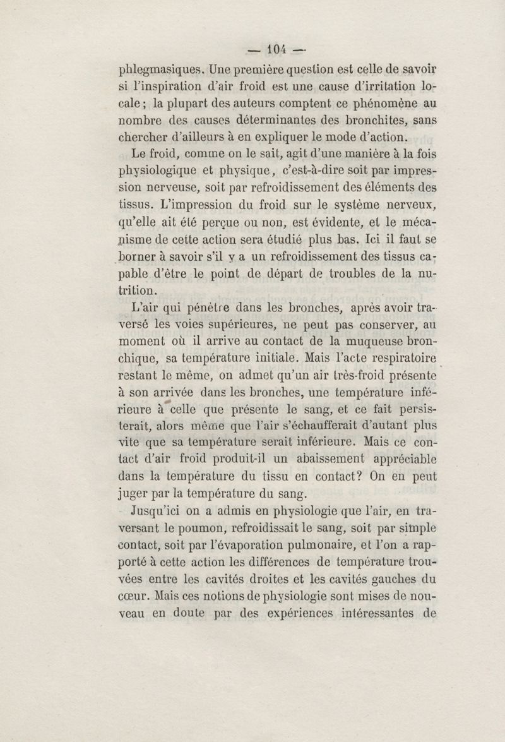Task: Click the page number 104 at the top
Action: coord(276,48)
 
